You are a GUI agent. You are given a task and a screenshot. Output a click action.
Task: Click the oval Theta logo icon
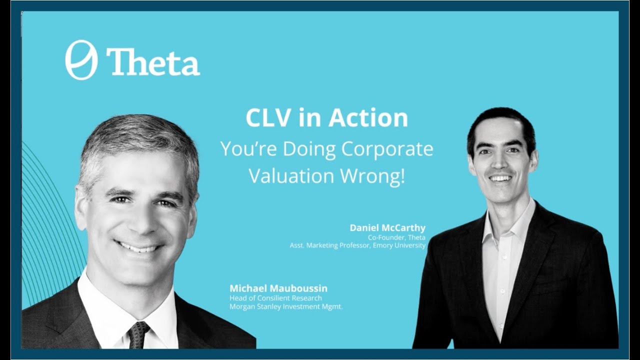81,60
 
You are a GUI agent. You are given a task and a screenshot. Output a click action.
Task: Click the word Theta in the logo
153,62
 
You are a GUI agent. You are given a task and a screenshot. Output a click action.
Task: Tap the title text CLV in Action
326,118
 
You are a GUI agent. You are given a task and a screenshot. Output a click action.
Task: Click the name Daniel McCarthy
387,227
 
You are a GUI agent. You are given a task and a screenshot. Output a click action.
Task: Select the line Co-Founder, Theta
395,237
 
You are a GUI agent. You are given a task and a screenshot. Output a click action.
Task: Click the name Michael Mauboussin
278,288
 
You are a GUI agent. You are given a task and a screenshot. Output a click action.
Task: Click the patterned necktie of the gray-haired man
138,334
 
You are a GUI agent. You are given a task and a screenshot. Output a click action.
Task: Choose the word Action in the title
368,118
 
